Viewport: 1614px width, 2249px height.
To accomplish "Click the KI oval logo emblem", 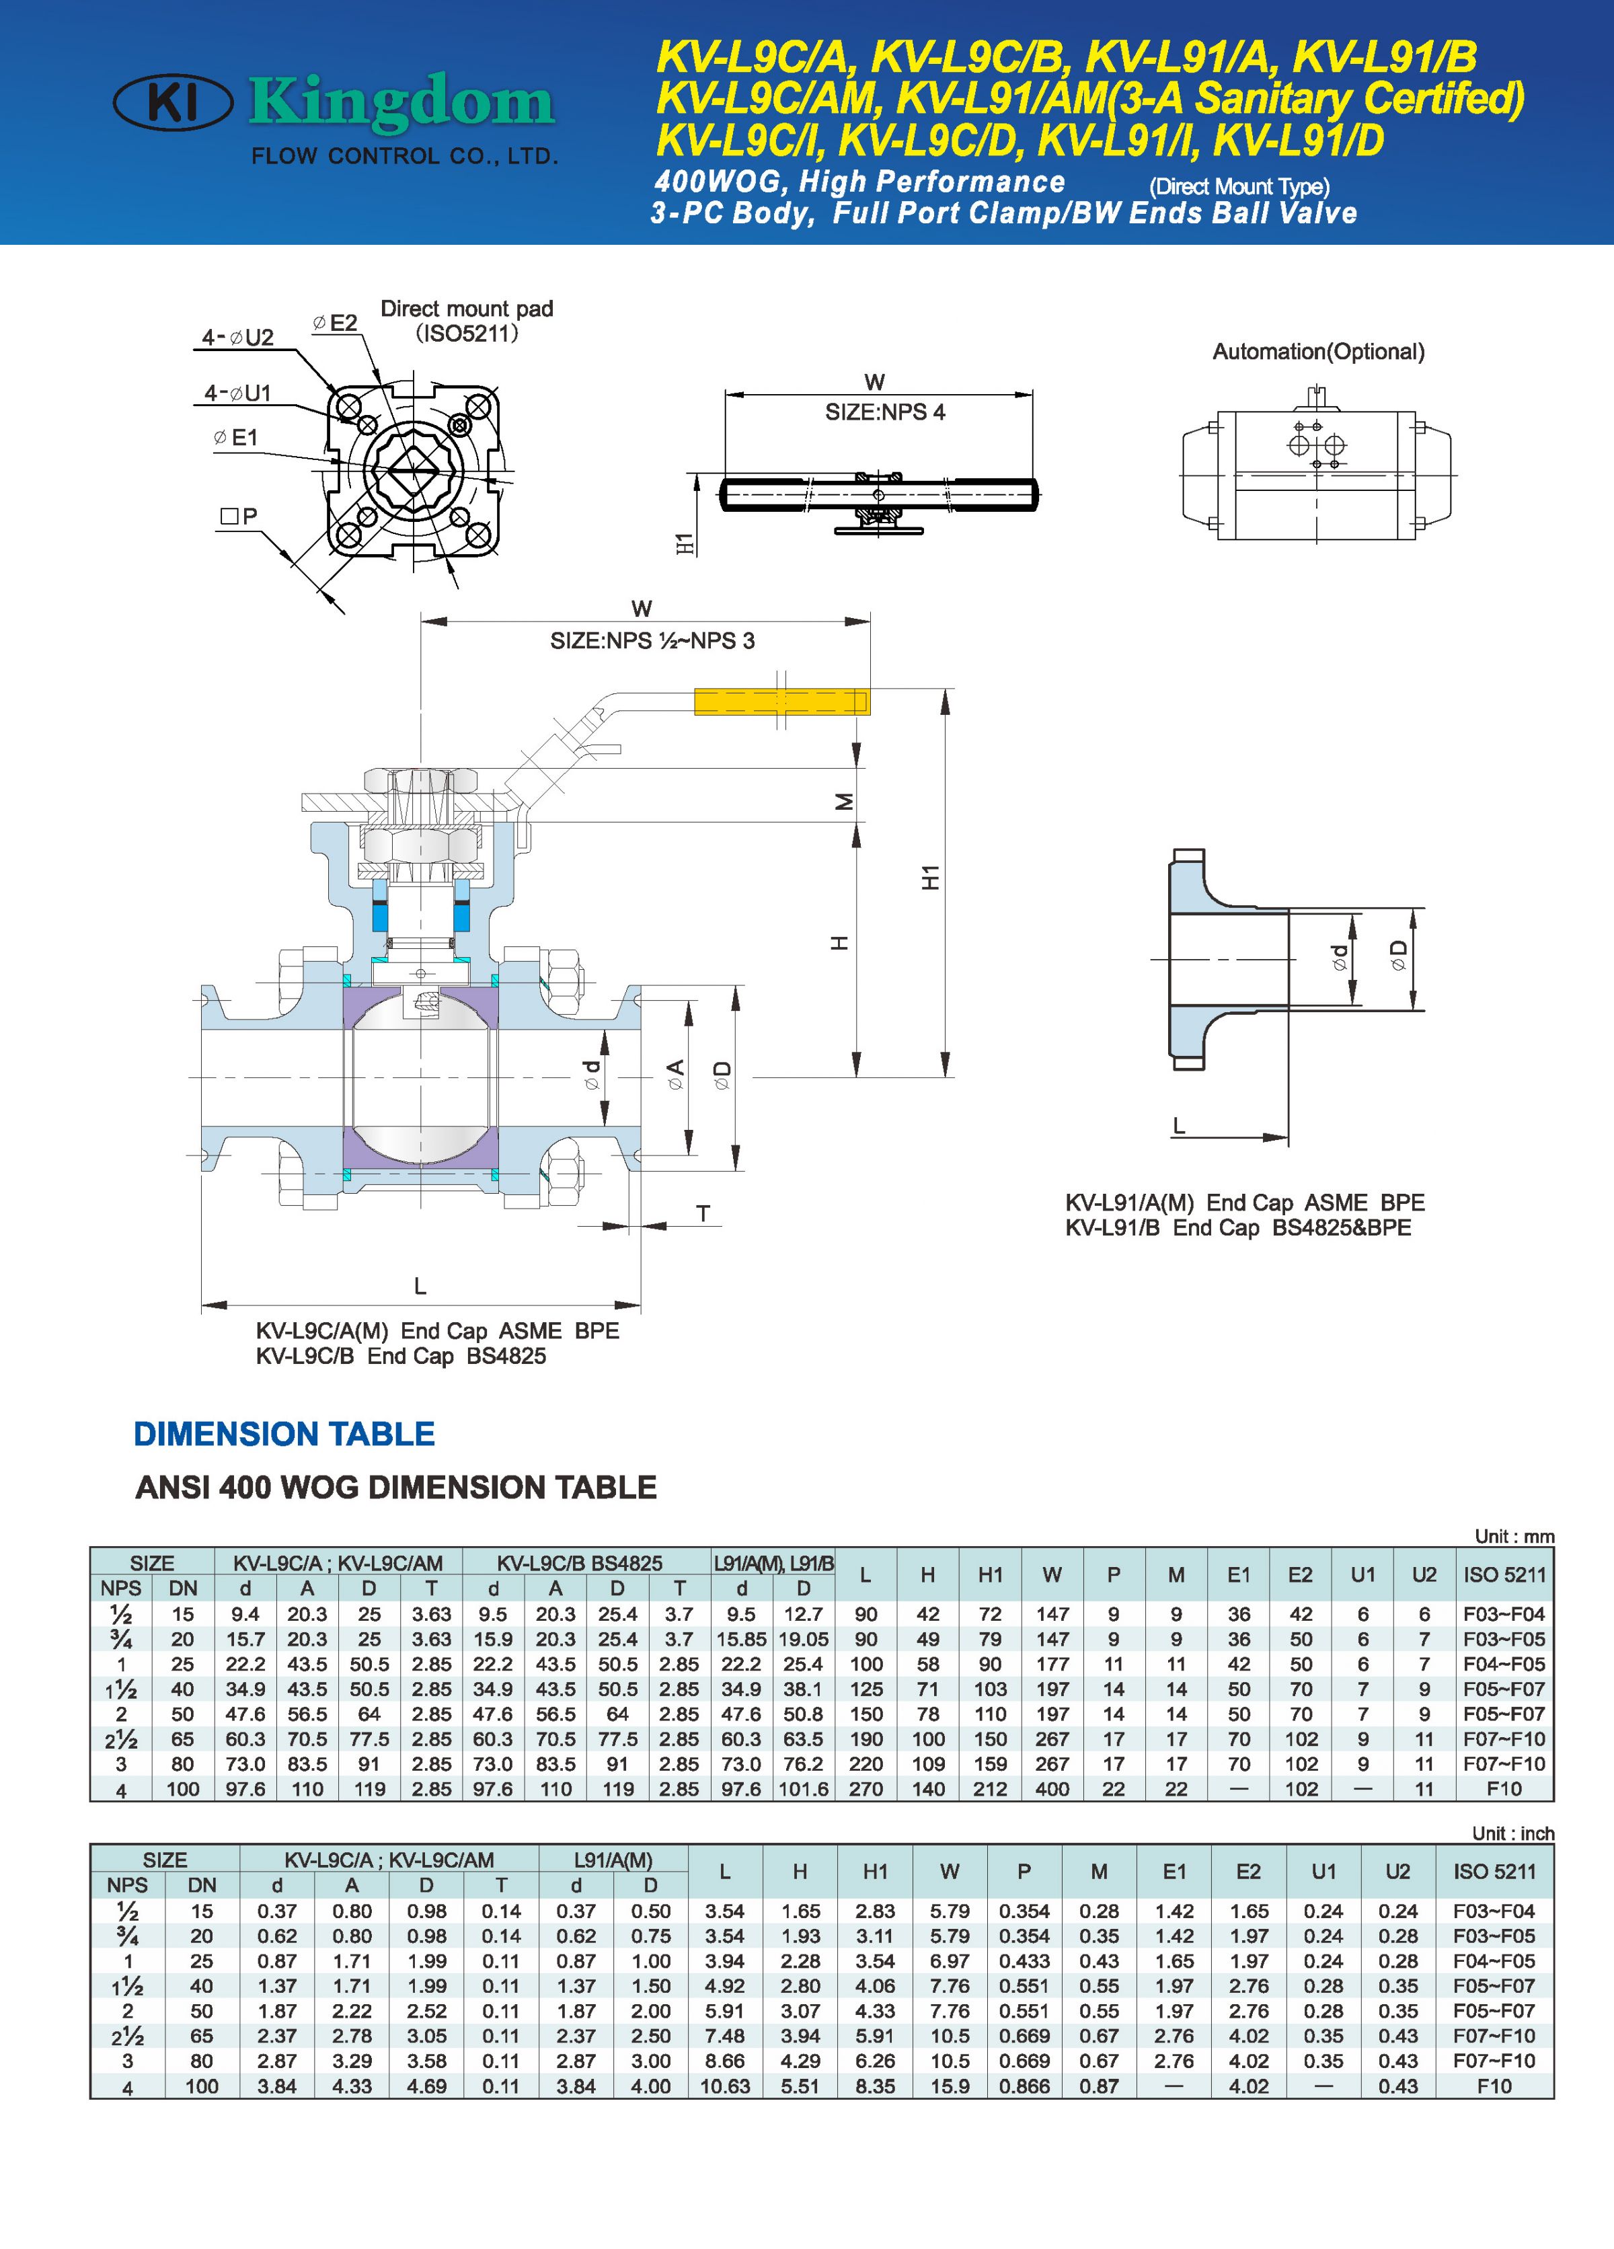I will (x=174, y=102).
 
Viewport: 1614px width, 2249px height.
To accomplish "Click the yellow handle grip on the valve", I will (x=780, y=702).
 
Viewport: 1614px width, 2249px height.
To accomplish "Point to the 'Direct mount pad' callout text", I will (x=466, y=309).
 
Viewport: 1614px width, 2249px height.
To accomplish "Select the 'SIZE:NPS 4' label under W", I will (x=884, y=412).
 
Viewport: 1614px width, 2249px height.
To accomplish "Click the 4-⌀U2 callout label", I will (x=238, y=337).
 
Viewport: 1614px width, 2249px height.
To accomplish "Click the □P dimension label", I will (x=239, y=516).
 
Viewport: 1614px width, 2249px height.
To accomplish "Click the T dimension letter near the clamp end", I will (x=703, y=1214).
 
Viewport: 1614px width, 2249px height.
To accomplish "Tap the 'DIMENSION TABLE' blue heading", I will (x=284, y=1434).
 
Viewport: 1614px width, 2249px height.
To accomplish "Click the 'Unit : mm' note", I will (x=1514, y=1536).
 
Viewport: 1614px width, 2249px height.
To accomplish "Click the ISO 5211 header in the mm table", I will (x=1504, y=1574).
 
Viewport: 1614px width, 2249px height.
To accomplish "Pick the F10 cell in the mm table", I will (x=1504, y=1789).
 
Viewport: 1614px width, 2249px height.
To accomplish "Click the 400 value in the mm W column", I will (x=1052, y=1789).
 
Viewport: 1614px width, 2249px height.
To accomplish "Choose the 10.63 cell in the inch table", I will (x=725, y=2086).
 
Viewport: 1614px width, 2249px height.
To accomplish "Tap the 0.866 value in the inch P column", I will (x=1024, y=2086).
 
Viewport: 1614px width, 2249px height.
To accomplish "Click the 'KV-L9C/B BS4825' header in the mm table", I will (x=580, y=1564).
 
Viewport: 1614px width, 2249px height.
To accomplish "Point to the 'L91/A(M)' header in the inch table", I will (x=613, y=1860).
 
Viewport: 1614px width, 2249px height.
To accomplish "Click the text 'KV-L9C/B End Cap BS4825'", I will (x=401, y=1357).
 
